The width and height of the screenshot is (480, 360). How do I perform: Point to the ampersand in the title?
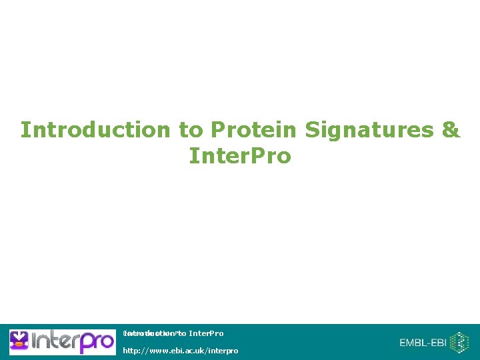pyautogui.click(x=451, y=129)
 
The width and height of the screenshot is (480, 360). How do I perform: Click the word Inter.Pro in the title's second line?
pyautogui.click(x=240, y=156)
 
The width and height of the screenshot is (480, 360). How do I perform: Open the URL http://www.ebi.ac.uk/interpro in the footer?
pyautogui.click(x=180, y=350)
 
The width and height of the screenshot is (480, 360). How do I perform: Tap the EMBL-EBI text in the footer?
pyautogui.click(x=423, y=343)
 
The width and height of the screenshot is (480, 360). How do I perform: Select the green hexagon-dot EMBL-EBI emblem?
pyautogui.click(x=459, y=343)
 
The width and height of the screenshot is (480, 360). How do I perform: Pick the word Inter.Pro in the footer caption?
pyautogui.click(x=206, y=333)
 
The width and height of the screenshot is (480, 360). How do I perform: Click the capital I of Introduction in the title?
pyautogui.click(x=24, y=129)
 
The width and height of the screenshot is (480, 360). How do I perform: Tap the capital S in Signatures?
pyautogui.click(x=310, y=129)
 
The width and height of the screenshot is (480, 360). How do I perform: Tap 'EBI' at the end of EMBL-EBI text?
pyautogui.click(x=438, y=343)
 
